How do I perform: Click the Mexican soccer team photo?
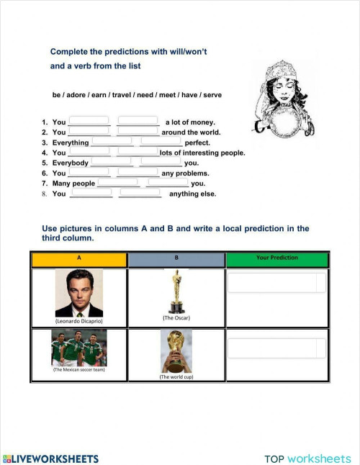pyautogui.click(x=78, y=348)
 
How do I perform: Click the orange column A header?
pyautogui.click(x=78, y=258)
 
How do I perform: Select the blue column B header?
pyautogui.click(x=176, y=258)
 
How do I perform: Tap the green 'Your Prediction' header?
pyautogui.click(x=277, y=258)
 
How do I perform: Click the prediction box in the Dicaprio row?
pyautogui.click(x=276, y=283)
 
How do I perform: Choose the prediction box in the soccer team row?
pyautogui.click(x=276, y=348)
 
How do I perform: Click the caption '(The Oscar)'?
pyautogui.click(x=176, y=317)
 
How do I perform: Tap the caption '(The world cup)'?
pyautogui.click(x=176, y=376)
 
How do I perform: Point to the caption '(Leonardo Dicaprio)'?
pyautogui.click(x=78, y=321)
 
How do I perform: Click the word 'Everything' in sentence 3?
pyautogui.click(x=71, y=143)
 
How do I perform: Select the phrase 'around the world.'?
pyautogui.click(x=191, y=132)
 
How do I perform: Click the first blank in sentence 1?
pyautogui.click(x=89, y=121)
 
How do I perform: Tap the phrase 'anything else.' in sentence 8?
pyautogui.click(x=192, y=194)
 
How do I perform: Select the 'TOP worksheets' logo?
pyautogui.click(x=307, y=458)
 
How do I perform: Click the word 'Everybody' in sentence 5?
pyautogui.click(x=70, y=163)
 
